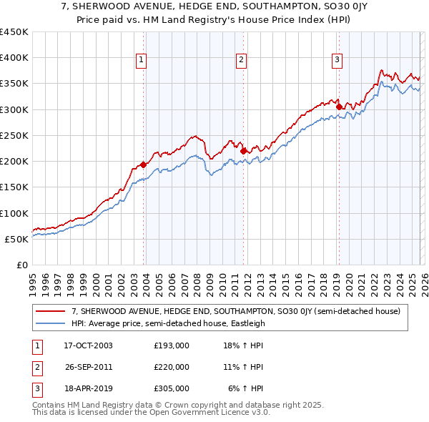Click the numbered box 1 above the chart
(x=142, y=60)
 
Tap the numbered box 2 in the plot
(x=242, y=60)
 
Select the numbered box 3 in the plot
(x=337, y=60)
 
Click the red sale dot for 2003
(x=144, y=165)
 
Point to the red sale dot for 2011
(x=244, y=151)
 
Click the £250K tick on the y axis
(x=14, y=135)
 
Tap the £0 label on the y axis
(x=22, y=265)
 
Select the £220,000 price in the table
(x=172, y=367)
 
